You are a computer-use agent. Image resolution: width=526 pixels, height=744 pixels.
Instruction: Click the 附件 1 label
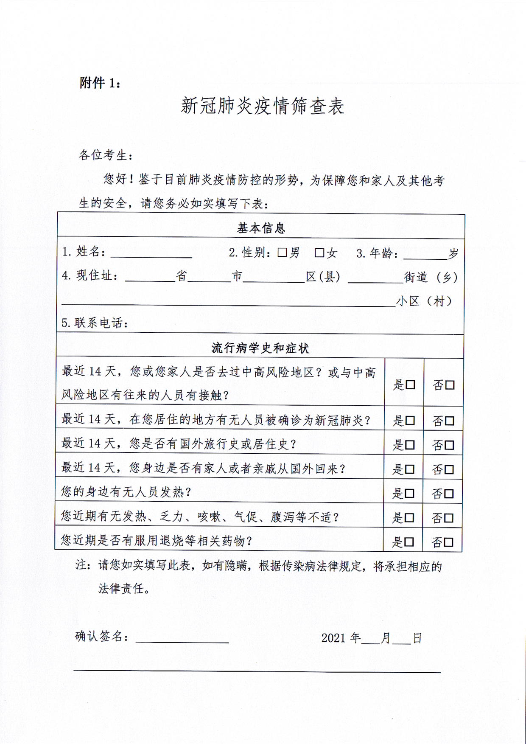click(x=100, y=83)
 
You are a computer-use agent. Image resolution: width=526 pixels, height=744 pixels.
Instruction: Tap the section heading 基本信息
click(x=261, y=228)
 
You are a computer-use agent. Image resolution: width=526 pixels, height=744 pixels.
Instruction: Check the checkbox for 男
click(x=282, y=253)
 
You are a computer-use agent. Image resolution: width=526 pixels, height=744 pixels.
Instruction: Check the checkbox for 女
click(x=319, y=253)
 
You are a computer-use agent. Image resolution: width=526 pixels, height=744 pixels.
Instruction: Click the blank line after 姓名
click(x=151, y=254)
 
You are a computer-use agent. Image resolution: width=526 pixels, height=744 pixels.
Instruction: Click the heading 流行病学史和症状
click(x=260, y=348)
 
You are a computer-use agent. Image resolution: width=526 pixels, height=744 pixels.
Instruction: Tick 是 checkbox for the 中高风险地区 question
click(x=410, y=385)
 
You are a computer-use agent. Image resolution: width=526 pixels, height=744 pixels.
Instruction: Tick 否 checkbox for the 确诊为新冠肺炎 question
click(x=450, y=421)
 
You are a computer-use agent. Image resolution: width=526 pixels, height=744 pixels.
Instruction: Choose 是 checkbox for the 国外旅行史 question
click(x=410, y=445)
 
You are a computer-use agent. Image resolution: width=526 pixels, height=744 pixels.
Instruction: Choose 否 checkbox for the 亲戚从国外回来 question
click(x=449, y=469)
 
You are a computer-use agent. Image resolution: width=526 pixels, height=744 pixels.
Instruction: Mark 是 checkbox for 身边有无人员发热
click(x=409, y=494)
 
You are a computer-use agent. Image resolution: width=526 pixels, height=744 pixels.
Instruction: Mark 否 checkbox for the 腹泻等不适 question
click(x=449, y=518)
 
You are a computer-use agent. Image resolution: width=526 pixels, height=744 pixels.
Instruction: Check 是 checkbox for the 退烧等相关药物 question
click(x=409, y=542)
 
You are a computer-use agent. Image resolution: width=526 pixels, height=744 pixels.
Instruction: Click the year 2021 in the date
click(x=333, y=638)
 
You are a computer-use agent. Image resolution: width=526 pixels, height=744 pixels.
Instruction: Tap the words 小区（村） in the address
click(x=425, y=301)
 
